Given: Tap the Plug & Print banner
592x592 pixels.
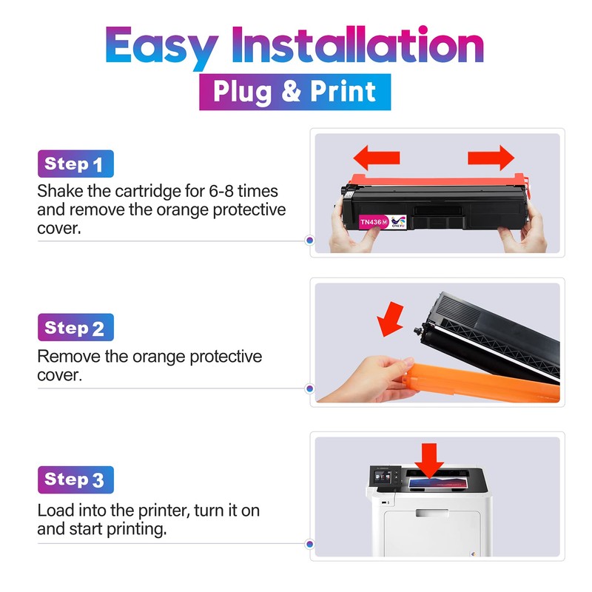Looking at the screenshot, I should (295, 92).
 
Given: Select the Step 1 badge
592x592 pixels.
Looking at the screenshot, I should (75, 164).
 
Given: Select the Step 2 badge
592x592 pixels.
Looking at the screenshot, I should (75, 328).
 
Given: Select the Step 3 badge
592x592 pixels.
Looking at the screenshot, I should (75, 480).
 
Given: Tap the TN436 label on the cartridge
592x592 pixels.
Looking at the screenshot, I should (371, 221).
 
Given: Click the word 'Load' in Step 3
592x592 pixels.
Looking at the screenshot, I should (53, 511).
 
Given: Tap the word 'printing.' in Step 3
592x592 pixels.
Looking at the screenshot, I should (138, 529).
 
